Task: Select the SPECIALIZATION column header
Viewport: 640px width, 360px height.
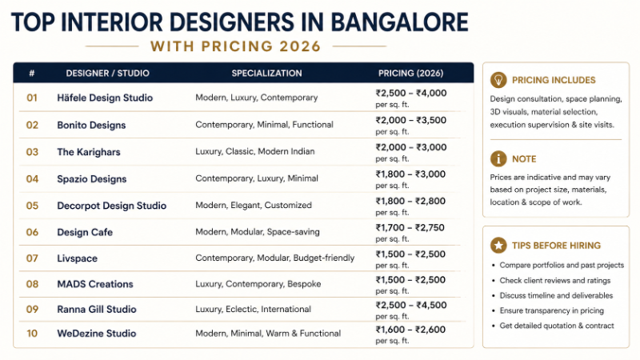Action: point(266,74)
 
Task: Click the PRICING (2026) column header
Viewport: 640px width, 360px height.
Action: point(410,74)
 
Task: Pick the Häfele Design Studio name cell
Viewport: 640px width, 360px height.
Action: point(105,98)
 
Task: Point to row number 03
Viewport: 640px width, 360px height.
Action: point(32,151)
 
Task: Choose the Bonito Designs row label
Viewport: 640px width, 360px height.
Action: point(91,125)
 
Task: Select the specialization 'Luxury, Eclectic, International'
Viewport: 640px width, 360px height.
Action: point(253,309)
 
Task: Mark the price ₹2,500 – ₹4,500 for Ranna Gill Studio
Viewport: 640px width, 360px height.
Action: point(411,304)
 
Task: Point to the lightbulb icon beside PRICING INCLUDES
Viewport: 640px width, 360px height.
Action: point(498,80)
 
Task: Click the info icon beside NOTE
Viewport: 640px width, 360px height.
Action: point(498,158)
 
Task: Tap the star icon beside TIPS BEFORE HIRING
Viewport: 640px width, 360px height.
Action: point(498,245)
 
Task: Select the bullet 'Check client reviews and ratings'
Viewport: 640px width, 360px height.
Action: point(554,280)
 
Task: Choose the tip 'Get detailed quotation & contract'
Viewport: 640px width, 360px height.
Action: point(557,326)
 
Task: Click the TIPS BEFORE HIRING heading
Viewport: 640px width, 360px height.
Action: point(556,245)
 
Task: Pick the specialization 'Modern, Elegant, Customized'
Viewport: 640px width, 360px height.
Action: point(254,206)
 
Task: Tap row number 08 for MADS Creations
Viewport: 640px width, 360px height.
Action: point(32,284)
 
